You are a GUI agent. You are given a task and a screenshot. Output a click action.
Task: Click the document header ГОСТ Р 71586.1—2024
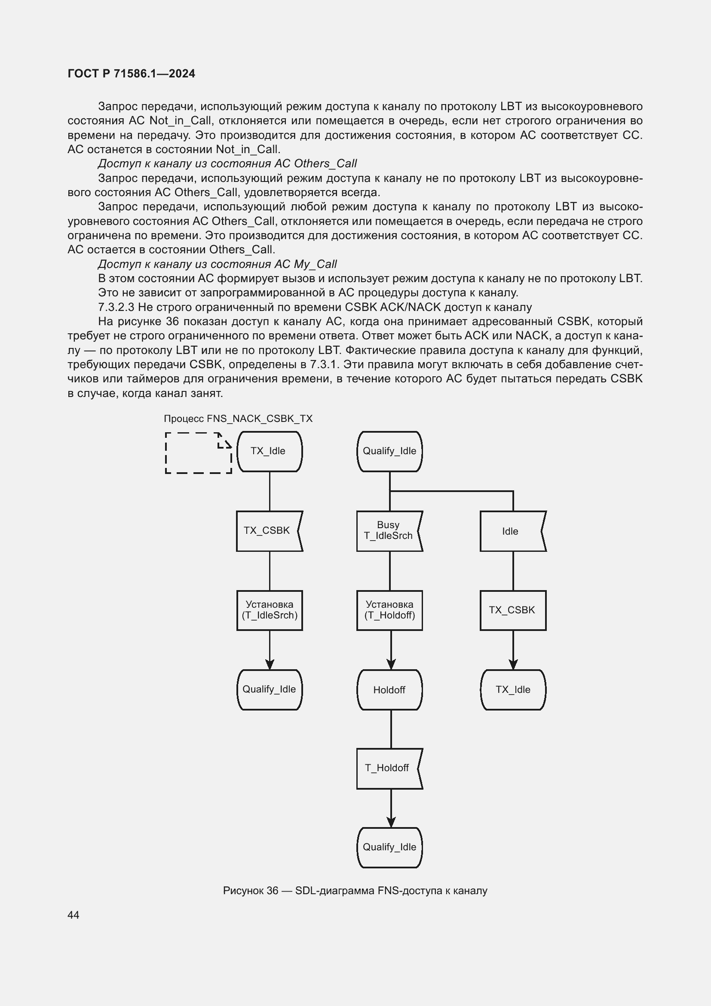click(132, 74)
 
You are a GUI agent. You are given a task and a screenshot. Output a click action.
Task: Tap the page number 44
click(73, 914)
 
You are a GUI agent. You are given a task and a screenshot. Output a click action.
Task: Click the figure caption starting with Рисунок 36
click(355, 890)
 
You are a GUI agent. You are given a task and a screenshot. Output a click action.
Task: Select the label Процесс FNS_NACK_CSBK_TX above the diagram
click(238, 418)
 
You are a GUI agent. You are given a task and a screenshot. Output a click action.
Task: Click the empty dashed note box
click(198, 453)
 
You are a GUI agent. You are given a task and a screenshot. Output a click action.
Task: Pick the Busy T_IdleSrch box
click(389, 531)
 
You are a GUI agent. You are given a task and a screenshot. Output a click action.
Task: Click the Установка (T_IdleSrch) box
click(270, 610)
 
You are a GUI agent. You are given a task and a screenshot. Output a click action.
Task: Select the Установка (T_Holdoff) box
click(389, 610)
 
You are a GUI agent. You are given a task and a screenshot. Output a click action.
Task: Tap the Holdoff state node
click(389, 689)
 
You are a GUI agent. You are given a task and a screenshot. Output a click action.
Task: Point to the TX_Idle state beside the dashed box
click(269, 451)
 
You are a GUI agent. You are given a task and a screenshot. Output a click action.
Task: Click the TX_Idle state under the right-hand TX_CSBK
click(513, 689)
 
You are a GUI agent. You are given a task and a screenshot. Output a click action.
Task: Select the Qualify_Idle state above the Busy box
click(389, 451)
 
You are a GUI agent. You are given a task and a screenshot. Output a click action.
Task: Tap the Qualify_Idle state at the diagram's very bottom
click(389, 847)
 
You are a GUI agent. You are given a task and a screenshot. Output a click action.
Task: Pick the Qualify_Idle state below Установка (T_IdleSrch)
click(269, 689)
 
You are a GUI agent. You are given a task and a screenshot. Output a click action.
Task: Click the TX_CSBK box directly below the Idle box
click(513, 610)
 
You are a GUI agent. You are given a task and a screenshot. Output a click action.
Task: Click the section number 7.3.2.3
click(116, 307)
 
